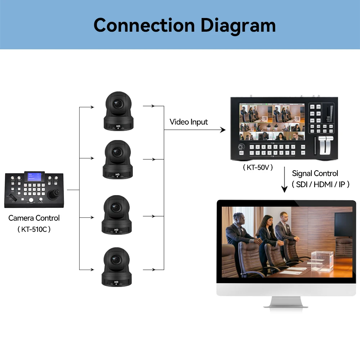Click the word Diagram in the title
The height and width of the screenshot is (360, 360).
pos(238,25)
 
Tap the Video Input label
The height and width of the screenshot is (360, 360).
pos(189,122)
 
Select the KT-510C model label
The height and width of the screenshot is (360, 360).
pos(34,229)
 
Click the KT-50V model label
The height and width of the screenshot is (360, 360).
pos(258,167)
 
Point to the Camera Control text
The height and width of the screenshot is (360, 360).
pos(34,218)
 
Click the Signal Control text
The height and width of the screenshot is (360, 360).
pos(315,174)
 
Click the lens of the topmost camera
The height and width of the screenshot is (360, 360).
pos(118,103)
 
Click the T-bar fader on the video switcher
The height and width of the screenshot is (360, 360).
pos(328,146)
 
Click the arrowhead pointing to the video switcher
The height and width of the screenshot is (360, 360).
pos(223,130)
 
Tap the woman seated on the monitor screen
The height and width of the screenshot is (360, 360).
pos(266,230)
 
